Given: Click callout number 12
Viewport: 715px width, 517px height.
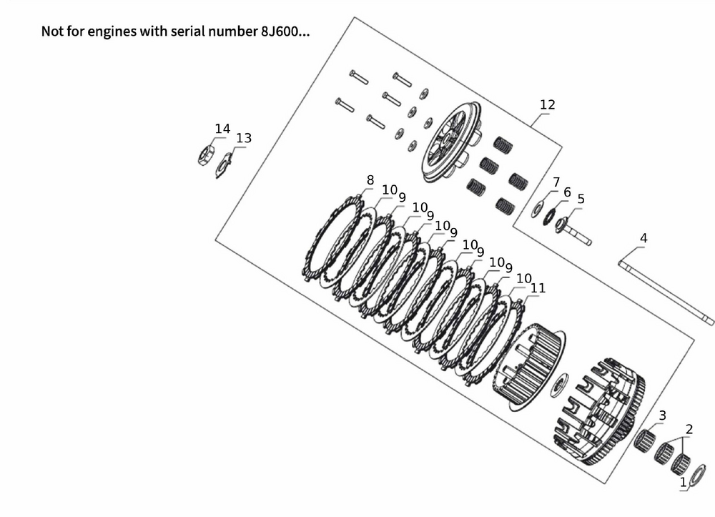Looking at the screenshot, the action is click(x=547, y=105).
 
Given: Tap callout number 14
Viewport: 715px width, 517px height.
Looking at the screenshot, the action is click(x=222, y=129).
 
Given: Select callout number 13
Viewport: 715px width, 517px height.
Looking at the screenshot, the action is click(x=244, y=138).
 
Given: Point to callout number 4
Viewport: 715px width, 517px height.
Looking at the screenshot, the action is click(x=643, y=238).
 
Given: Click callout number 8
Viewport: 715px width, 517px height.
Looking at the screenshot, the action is click(x=370, y=180).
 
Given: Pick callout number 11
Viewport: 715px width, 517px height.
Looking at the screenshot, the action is click(x=538, y=288).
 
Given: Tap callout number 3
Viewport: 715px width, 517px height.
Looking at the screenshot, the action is click(x=663, y=415).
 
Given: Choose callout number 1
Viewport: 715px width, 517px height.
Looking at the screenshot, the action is click(x=683, y=483).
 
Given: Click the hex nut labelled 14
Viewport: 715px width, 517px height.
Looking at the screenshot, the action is click(x=206, y=154).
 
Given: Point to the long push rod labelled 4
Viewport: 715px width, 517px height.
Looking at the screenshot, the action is click(x=666, y=292).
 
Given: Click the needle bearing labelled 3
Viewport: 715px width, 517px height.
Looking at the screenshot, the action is click(x=644, y=440).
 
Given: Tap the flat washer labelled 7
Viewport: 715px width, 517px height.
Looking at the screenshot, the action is click(x=537, y=209).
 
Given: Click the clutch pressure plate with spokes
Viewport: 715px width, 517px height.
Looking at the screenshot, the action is click(x=452, y=142).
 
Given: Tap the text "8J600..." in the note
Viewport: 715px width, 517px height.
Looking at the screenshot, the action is click(x=285, y=31).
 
